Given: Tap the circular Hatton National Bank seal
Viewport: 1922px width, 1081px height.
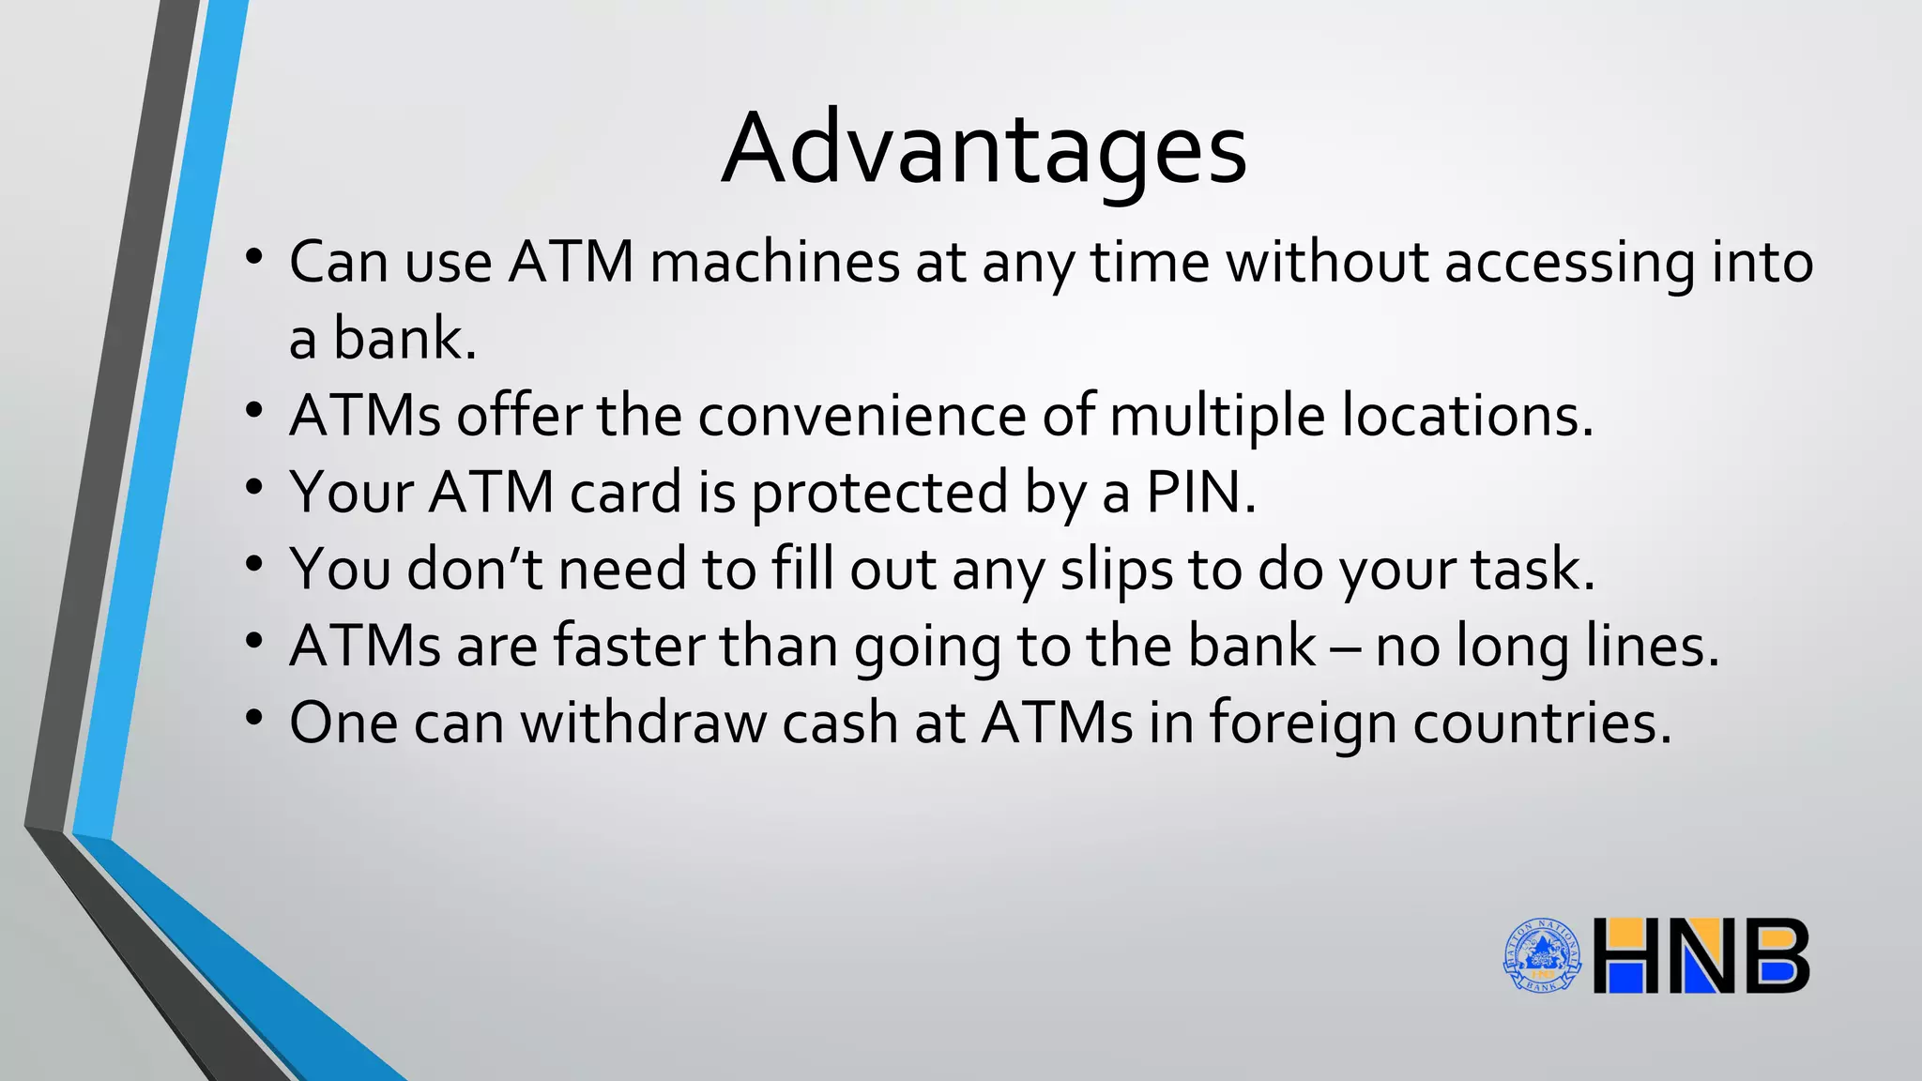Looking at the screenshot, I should tap(1542, 955).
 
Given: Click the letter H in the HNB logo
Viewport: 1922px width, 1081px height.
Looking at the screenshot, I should tap(1631, 956).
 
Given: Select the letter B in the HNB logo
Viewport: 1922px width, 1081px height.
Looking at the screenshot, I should tap(1774, 956).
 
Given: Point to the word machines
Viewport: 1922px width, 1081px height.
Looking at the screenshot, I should tap(775, 262).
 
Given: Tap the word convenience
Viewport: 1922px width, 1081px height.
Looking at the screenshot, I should tap(862, 415).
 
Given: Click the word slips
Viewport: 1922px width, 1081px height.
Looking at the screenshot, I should tap(1117, 570).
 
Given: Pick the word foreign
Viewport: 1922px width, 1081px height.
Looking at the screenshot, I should tap(1303, 723).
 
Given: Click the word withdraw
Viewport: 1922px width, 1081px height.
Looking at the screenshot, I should tap(644, 723).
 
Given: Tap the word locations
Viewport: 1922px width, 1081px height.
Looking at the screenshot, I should tap(1467, 415).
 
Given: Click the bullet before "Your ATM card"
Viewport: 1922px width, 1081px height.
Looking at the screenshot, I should tap(253, 487).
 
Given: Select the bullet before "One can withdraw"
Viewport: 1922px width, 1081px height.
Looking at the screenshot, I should tap(253, 718).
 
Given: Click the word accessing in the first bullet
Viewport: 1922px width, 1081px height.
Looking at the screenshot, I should tap(1570, 264).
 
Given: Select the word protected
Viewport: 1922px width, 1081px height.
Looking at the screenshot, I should tap(879, 494).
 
